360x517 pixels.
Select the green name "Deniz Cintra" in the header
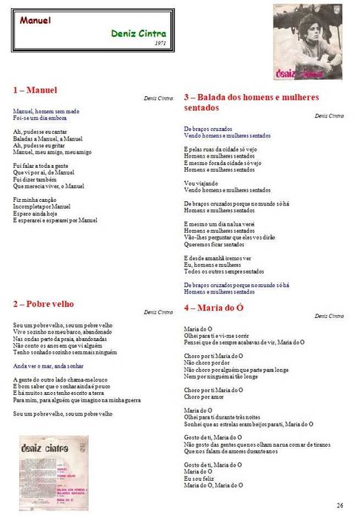pyautogui.click(x=139, y=33)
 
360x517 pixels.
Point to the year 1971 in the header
pyautogui.click(x=160, y=44)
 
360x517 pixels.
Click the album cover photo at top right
pyautogui.click(x=308, y=41)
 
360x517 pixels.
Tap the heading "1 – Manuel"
pyautogui.click(x=35, y=90)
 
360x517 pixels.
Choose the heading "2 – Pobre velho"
pyautogui.click(x=44, y=304)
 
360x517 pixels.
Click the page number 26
pyautogui.click(x=339, y=504)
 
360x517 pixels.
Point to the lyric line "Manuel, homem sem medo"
pyautogui.click(x=46, y=110)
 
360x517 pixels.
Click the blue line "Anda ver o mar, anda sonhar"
pyautogui.click(x=50, y=365)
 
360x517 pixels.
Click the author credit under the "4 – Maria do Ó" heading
pyautogui.click(x=328, y=316)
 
